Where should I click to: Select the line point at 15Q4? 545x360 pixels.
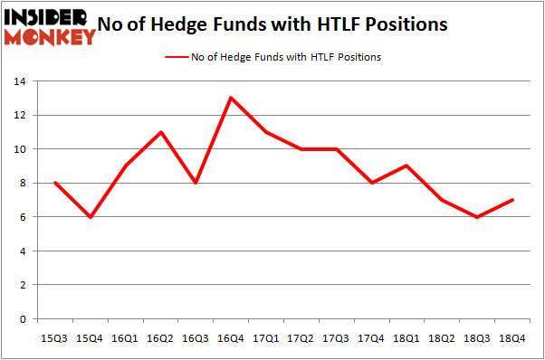click(x=90, y=217)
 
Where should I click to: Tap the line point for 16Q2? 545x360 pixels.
click(x=160, y=132)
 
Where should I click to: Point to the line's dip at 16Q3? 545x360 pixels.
click(x=196, y=183)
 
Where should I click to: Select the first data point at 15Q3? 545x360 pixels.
click(x=54, y=183)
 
